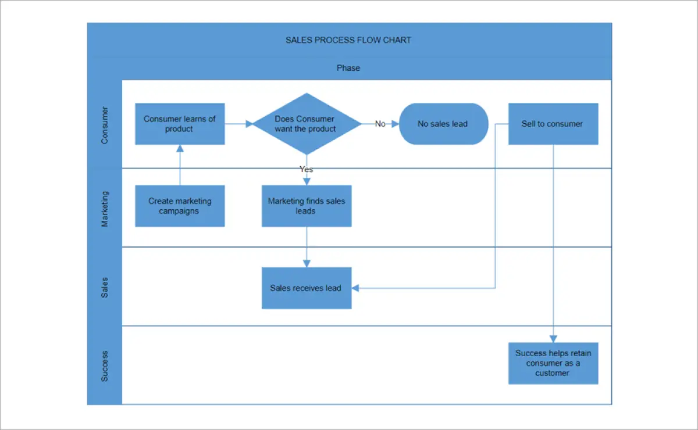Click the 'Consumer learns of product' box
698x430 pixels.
180,124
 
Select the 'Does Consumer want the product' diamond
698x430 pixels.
306,124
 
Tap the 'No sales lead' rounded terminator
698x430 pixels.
443,124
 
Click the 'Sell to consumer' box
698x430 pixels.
553,124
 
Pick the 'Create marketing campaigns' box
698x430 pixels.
180,206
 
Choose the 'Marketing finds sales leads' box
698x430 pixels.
306,206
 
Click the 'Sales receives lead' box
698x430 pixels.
306,288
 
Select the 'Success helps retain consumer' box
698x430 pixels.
553,363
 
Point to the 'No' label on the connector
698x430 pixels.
380,124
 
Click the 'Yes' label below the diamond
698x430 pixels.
306,169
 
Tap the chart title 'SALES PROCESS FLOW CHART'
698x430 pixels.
348,40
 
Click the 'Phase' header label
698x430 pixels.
348,68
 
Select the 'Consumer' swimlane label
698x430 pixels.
105,124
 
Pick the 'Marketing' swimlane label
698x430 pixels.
105,207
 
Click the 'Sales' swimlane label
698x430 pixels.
105,286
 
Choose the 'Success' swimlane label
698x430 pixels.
105,365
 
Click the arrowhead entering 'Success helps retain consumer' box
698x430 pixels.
553,339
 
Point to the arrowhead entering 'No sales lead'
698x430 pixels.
395,124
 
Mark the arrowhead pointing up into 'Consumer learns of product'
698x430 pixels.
180,149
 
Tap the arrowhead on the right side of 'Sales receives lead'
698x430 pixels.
355,288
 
